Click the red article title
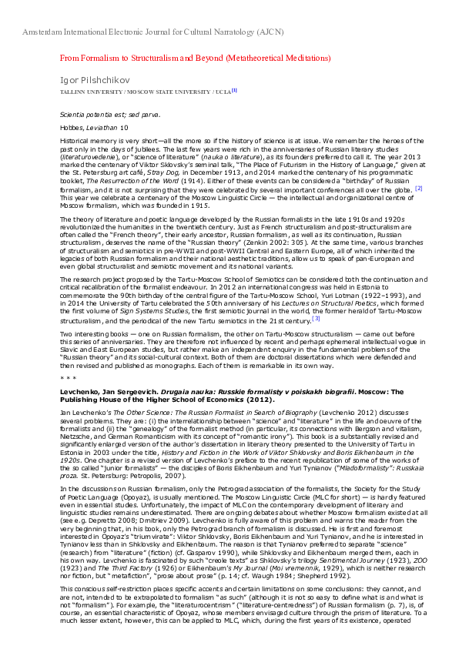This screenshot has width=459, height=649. [195, 58]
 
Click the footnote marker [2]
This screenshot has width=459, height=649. [418, 187]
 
